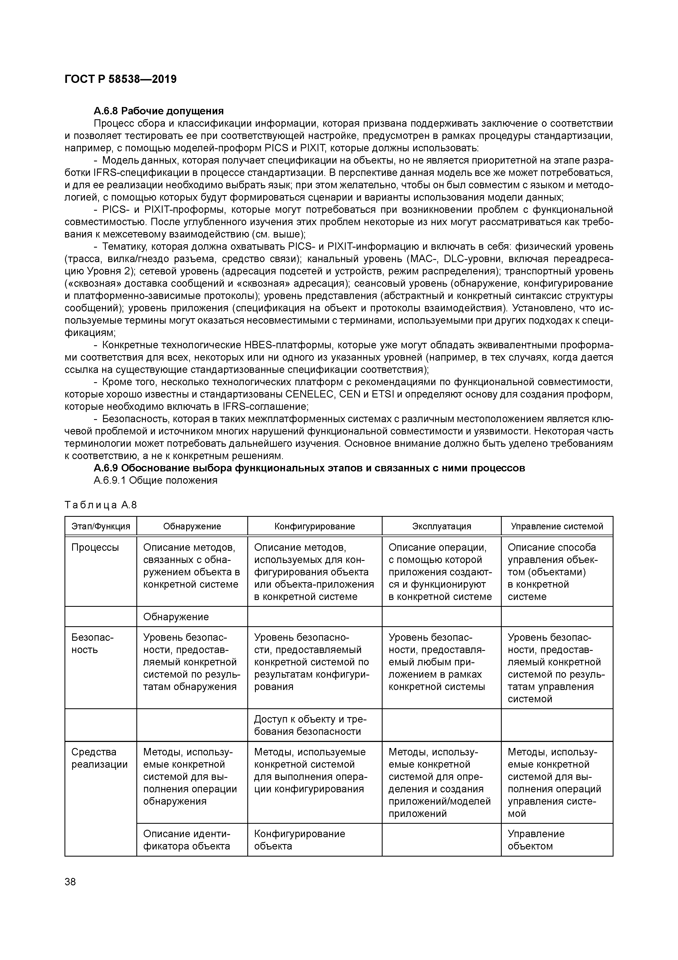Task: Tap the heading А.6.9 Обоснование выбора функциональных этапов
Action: coord(309,468)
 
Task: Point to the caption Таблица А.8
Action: coord(101,505)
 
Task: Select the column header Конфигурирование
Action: coord(314,526)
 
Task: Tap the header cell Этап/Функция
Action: coord(101,526)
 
